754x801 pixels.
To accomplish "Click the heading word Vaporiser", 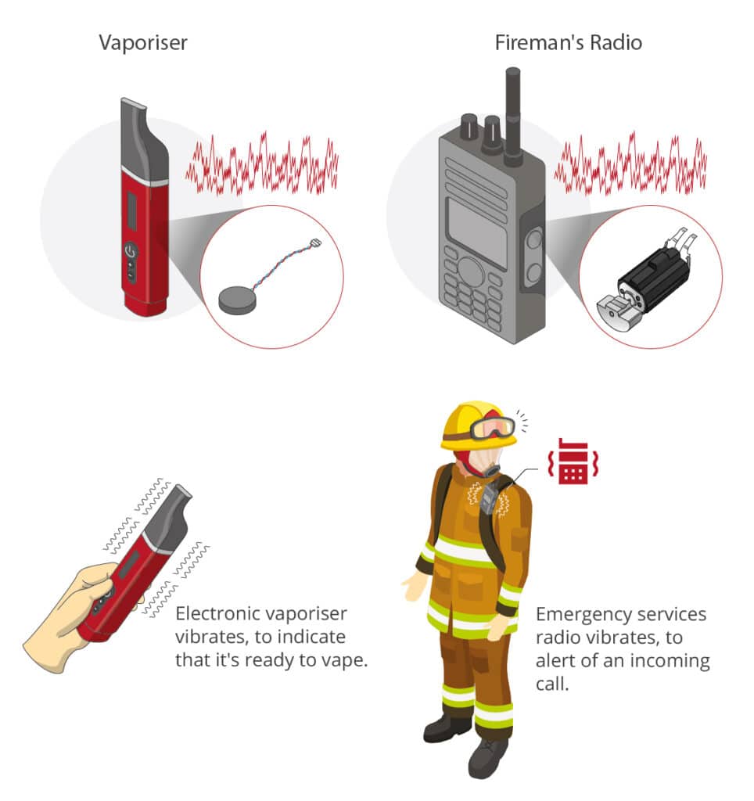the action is click(143, 43).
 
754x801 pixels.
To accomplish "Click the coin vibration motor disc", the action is click(237, 300).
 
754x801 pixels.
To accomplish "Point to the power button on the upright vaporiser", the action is click(131, 251).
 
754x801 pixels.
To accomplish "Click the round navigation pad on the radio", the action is click(471, 271).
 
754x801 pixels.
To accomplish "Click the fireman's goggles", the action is click(493, 428).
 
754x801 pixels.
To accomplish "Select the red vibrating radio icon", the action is click(573, 461).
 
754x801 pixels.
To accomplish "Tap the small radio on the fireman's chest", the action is click(488, 498).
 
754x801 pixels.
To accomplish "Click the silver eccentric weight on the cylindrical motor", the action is click(619, 312).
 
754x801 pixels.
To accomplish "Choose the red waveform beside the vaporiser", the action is click(261, 164).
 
